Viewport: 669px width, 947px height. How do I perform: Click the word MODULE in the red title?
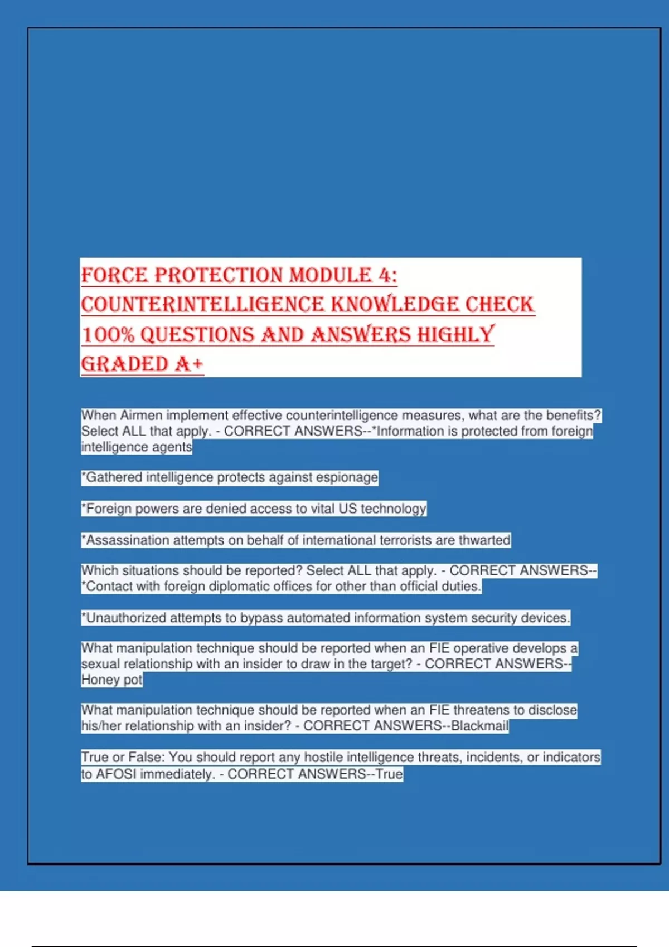(x=330, y=275)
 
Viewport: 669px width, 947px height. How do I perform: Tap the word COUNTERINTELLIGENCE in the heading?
(x=202, y=305)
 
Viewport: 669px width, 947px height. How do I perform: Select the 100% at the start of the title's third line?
(x=108, y=335)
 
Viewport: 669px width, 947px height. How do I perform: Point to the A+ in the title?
(x=189, y=364)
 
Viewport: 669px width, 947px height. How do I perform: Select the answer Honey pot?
(x=111, y=680)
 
